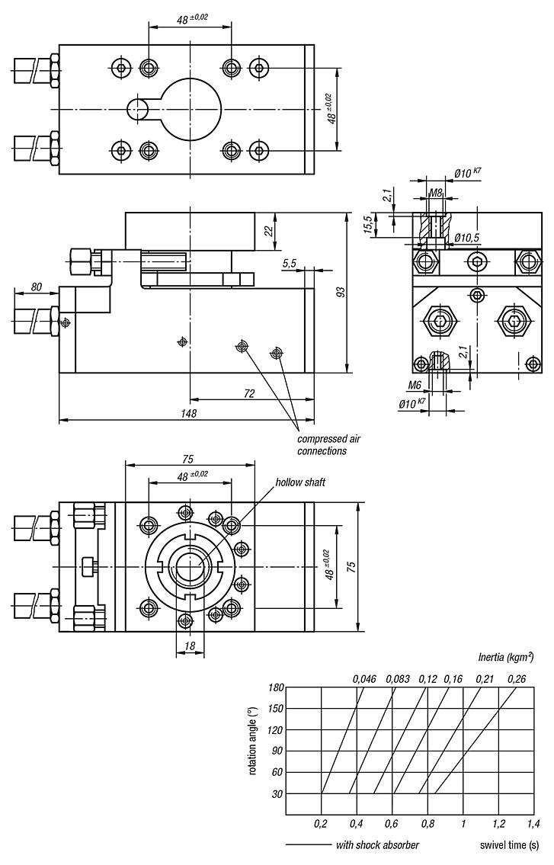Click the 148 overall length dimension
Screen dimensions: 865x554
click(x=189, y=413)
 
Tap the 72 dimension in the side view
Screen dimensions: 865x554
click(x=248, y=393)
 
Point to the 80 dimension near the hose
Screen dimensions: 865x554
click(x=36, y=288)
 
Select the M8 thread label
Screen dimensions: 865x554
click(x=436, y=194)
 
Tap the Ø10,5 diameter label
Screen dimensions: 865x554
click(x=466, y=238)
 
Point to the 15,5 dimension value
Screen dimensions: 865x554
click(x=367, y=226)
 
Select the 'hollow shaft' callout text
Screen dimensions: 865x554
click(x=300, y=482)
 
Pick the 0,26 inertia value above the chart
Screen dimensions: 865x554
click(x=516, y=678)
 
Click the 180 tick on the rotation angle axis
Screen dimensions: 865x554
click(x=275, y=687)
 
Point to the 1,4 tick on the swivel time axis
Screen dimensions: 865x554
click(x=533, y=824)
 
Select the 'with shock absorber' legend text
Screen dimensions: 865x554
click(x=377, y=844)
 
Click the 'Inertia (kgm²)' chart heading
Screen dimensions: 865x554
click(x=505, y=655)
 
